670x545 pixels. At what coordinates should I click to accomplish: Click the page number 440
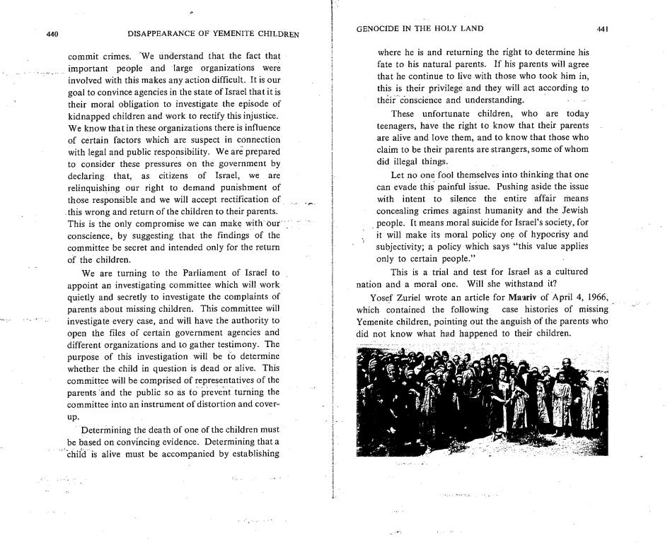click(x=52, y=33)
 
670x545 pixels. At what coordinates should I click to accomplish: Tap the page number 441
click(x=603, y=29)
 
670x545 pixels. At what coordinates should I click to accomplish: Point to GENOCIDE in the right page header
click(x=381, y=29)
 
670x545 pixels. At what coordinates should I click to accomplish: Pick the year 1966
click(x=589, y=296)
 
